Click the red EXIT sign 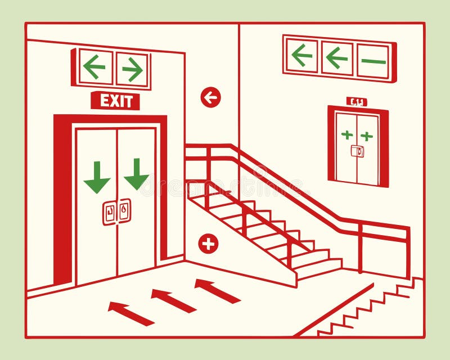tap(115, 101)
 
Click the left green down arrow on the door tap(97, 177)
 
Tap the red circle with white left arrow tap(210, 98)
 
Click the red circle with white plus tap(208, 244)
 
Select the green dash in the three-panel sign tap(373, 61)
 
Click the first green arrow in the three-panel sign tap(302, 55)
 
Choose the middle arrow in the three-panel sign tap(337, 57)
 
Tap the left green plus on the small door tap(347, 134)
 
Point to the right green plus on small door tap(367, 136)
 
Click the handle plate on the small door tap(357, 151)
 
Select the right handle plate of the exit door tap(124, 211)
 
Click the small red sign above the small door tap(357, 102)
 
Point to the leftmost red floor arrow tap(130, 314)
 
